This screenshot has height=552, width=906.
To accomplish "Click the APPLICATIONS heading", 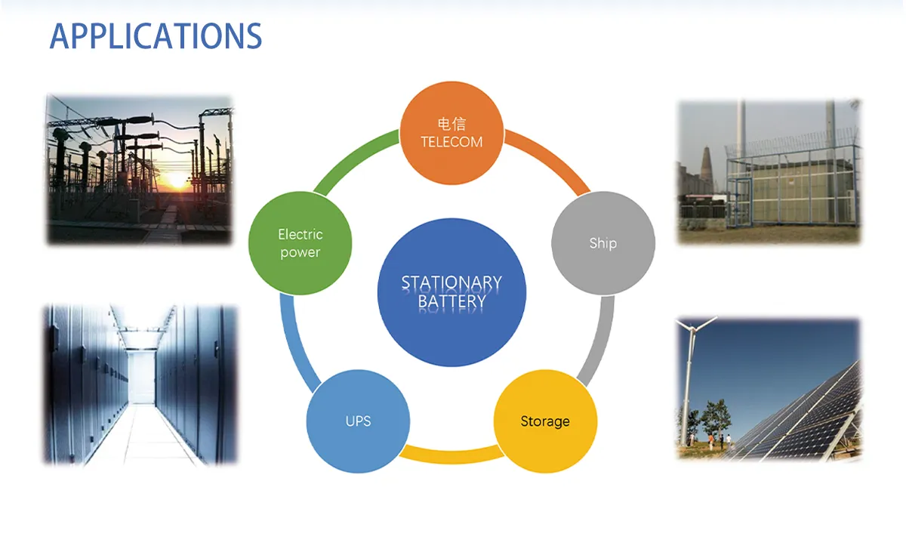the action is tap(156, 36).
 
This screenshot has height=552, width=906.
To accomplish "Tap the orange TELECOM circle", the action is tap(451, 133).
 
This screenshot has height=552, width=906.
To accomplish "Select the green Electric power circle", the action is tap(300, 243).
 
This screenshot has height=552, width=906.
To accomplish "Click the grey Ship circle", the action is tap(603, 243).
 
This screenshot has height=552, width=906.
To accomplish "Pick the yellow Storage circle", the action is tap(545, 421).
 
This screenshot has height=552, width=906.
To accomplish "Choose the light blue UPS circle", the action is tap(359, 421).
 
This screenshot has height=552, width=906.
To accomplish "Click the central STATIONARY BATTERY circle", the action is tap(451, 292).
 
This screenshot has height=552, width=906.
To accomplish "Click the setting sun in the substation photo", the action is tap(177, 180).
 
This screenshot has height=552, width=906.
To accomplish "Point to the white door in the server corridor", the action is tap(141, 376).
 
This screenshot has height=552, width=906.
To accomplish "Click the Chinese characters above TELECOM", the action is tap(451, 124).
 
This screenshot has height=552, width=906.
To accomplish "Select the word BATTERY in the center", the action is tap(451, 302).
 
